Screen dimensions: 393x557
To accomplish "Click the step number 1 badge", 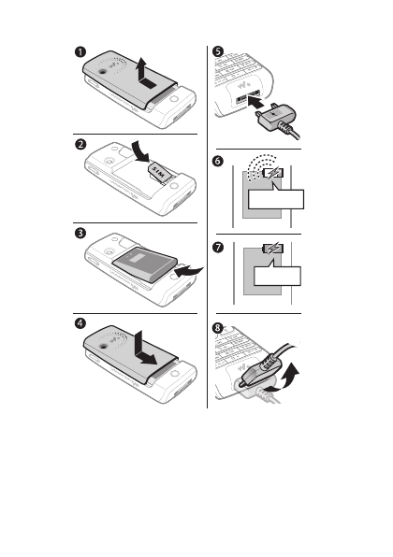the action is [80, 51].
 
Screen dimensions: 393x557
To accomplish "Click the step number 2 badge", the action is [80, 144].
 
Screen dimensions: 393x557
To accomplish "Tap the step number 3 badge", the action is [80, 233].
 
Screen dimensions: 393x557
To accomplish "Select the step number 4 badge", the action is [80, 323].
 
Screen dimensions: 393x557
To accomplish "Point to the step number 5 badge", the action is [218, 51].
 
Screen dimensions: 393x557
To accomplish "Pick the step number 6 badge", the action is [218, 161].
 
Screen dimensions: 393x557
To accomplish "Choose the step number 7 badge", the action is [218, 247].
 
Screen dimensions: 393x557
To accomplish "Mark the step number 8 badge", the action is [218, 327].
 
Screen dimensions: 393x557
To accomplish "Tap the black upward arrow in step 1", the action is [145, 74].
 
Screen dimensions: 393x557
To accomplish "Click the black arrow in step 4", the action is [143, 350].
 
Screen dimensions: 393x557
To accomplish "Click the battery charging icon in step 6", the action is [273, 173].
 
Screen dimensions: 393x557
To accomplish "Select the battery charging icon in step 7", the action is [273, 249].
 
